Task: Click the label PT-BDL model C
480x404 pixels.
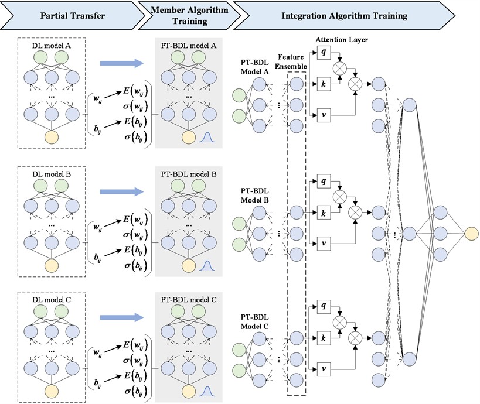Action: [188, 300]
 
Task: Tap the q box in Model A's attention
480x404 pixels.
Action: [323, 53]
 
